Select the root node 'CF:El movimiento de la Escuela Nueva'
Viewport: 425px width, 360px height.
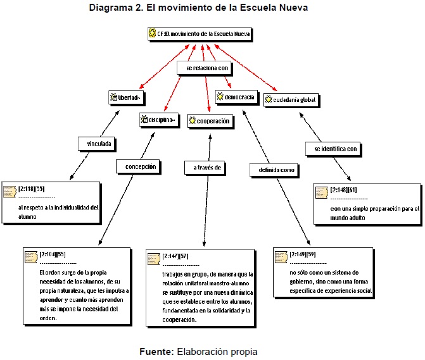pyautogui.click(x=199, y=34)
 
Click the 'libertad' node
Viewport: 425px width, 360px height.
pyautogui.click(x=127, y=97)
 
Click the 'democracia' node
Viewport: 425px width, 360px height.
pyautogui.click(x=236, y=97)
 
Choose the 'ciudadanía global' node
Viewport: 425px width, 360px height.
pyautogui.click(x=290, y=99)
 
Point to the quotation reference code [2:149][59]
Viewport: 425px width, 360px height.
pyautogui.click(x=303, y=254)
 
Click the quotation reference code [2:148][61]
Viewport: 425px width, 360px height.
pyautogui.click(x=344, y=189)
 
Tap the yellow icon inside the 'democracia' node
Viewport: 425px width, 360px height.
pyautogui.click(x=220, y=97)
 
